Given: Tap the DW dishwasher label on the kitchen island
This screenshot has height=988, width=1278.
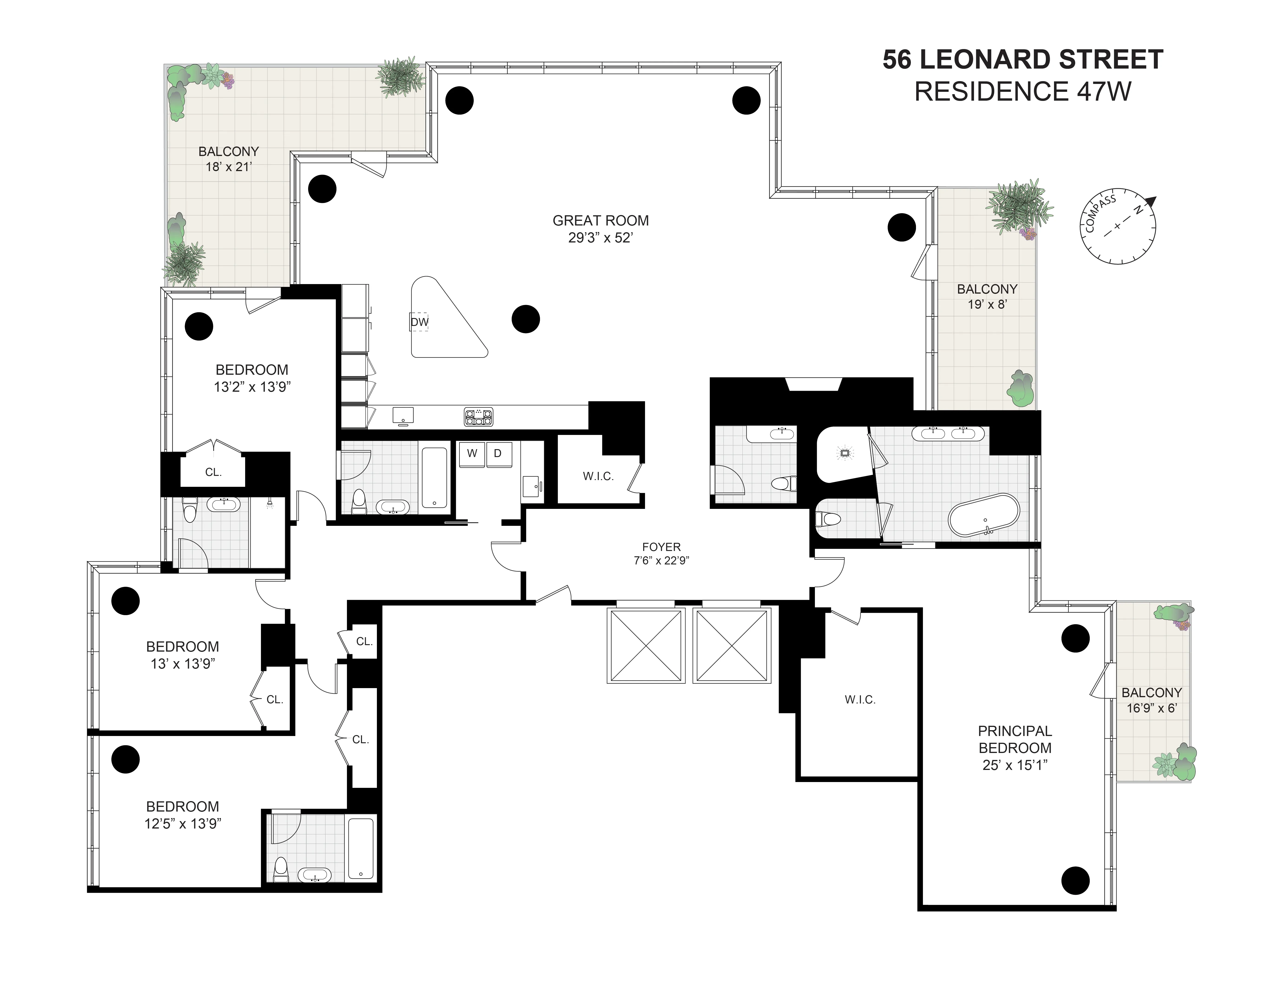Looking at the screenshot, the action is tap(419, 322).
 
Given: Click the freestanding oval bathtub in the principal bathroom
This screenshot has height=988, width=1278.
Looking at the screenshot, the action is tap(984, 514).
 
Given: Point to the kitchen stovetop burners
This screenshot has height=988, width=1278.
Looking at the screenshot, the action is tap(479, 417).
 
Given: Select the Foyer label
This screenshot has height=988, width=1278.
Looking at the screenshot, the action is tap(661, 547).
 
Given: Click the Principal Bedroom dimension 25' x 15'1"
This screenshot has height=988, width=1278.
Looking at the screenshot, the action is tap(1015, 765).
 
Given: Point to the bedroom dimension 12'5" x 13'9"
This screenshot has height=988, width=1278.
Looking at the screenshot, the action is tap(183, 824).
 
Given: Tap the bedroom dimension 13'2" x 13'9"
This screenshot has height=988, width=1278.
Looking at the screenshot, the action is tap(252, 387).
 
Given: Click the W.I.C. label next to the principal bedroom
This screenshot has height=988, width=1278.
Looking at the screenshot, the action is tap(860, 700).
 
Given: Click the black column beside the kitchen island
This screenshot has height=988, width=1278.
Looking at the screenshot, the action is tap(525, 319).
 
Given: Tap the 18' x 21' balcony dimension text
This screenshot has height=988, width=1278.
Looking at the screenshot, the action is tap(228, 167).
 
